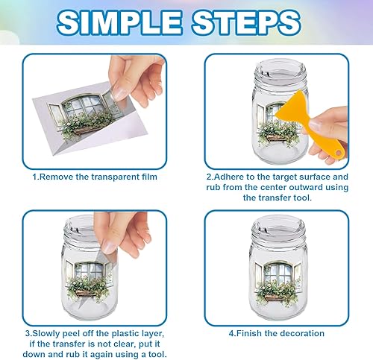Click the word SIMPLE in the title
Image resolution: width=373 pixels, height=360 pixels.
119,22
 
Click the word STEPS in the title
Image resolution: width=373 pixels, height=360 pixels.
246,22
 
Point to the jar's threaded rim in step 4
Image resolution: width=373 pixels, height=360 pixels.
278,230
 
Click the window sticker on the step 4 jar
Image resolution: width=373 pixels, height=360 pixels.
278,282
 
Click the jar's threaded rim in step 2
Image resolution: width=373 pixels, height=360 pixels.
280,73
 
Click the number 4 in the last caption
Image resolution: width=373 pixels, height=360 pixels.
231,333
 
